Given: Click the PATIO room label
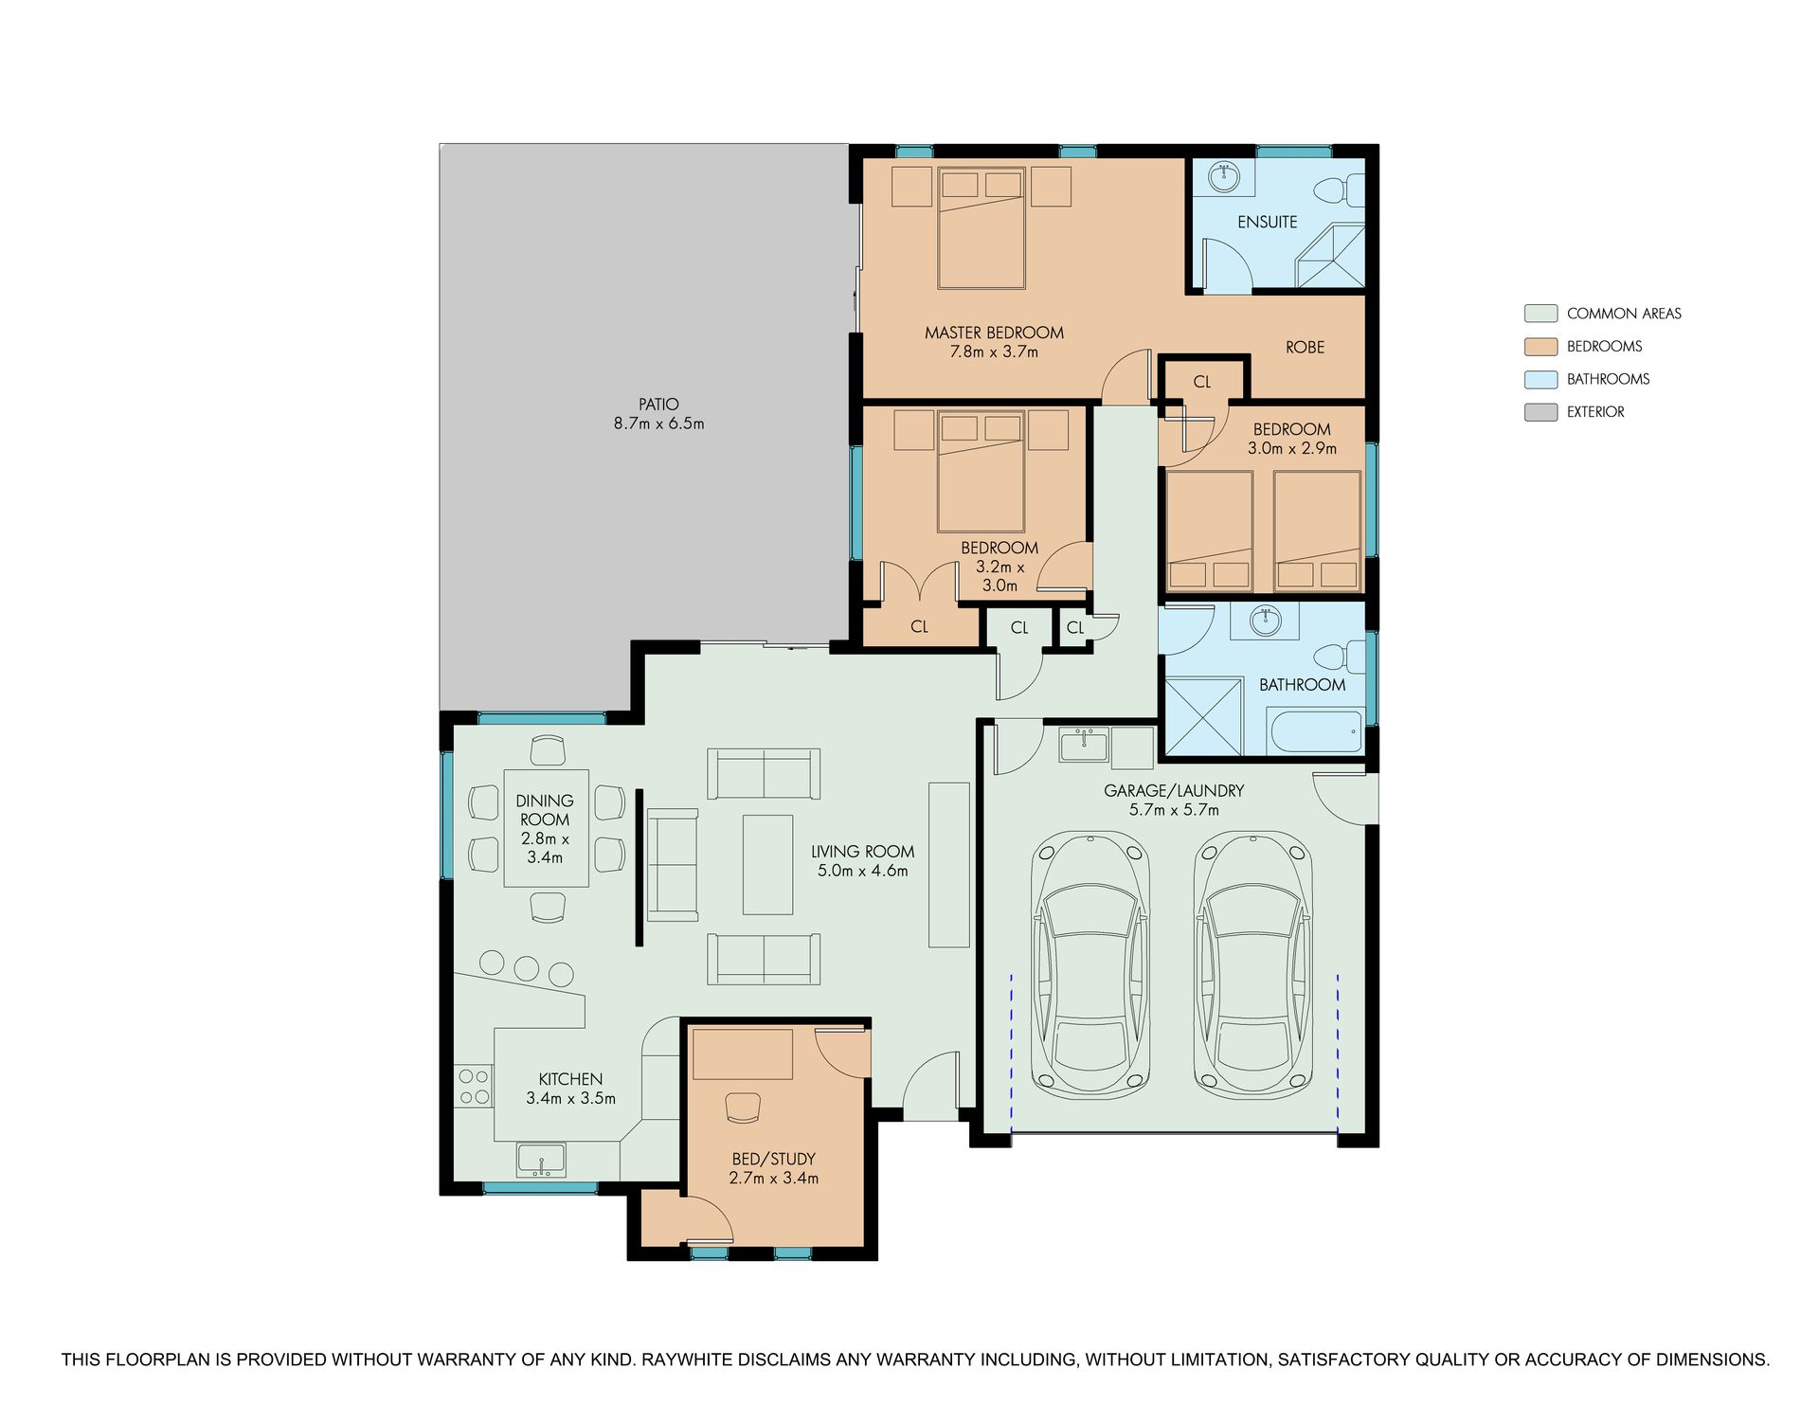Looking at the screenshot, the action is pos(658,405).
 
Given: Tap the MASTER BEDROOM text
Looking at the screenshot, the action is pos(994,333).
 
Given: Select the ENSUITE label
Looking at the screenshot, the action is pos(1267,222).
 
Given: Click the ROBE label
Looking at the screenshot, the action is pos(1305,348).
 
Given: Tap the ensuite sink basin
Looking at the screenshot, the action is pos(1224,174).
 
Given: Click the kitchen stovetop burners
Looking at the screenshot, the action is pos(474,1087).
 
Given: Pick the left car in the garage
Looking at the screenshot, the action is pos(1090,964).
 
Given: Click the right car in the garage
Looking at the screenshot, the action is pos(1253,964).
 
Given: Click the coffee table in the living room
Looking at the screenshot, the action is pos(767,864).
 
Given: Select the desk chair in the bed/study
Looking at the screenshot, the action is pos(743,1107).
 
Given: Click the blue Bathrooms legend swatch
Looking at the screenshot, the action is pos(1540,379).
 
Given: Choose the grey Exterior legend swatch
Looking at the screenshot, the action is pos(1540,412).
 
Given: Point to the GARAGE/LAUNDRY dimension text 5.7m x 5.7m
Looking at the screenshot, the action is pos(1174,810).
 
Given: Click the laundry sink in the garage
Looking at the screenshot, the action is pos(1084,745).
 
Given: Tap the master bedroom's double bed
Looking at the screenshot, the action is pos(982,228).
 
